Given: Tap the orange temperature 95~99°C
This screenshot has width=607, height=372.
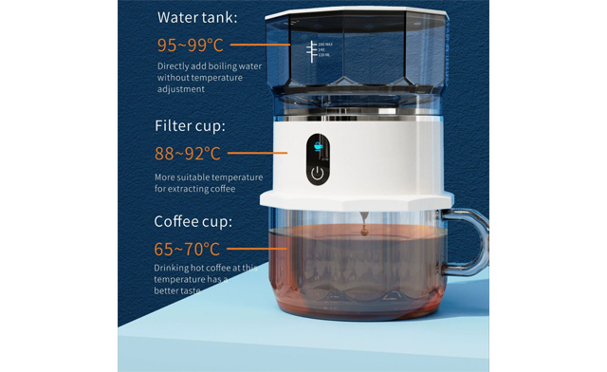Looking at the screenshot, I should tap(189, 45).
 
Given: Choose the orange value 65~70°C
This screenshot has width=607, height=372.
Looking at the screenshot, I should tap(188, 250).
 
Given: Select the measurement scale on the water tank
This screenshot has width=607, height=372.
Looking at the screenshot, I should tap(311, 51).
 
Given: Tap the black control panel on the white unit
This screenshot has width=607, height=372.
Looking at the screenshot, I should tap(320, 159).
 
